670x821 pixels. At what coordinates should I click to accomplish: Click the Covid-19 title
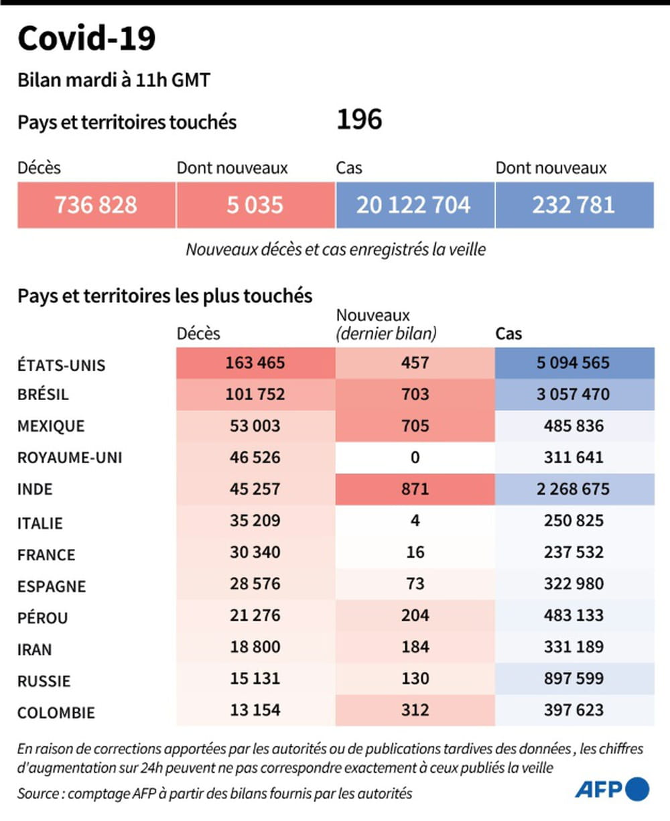86,39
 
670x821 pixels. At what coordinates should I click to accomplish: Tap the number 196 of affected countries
359,120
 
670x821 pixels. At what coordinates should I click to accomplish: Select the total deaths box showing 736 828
96,204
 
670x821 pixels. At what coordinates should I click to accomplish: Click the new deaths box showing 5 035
255,204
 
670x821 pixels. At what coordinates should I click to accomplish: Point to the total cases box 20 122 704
413,204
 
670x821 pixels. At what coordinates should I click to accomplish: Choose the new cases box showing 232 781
574,204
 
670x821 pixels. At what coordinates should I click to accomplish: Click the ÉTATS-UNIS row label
62,365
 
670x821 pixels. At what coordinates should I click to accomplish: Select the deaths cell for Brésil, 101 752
255,394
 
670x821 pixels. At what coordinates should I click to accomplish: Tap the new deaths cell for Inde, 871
415,489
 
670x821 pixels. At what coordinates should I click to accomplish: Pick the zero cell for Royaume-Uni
415,458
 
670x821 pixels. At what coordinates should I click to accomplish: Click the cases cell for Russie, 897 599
574,678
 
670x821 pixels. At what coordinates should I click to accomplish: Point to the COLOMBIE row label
56,712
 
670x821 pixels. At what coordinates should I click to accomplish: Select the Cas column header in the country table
509,334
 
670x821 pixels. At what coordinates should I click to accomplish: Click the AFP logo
612,789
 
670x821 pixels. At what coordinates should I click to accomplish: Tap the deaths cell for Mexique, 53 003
255,426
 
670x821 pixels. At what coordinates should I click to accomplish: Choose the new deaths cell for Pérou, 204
415,615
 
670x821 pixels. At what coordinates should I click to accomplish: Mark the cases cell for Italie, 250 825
574,521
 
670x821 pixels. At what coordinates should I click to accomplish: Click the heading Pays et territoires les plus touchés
165,296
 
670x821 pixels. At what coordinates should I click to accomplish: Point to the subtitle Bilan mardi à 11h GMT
114,80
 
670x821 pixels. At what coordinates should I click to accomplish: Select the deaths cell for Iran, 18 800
255,647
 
